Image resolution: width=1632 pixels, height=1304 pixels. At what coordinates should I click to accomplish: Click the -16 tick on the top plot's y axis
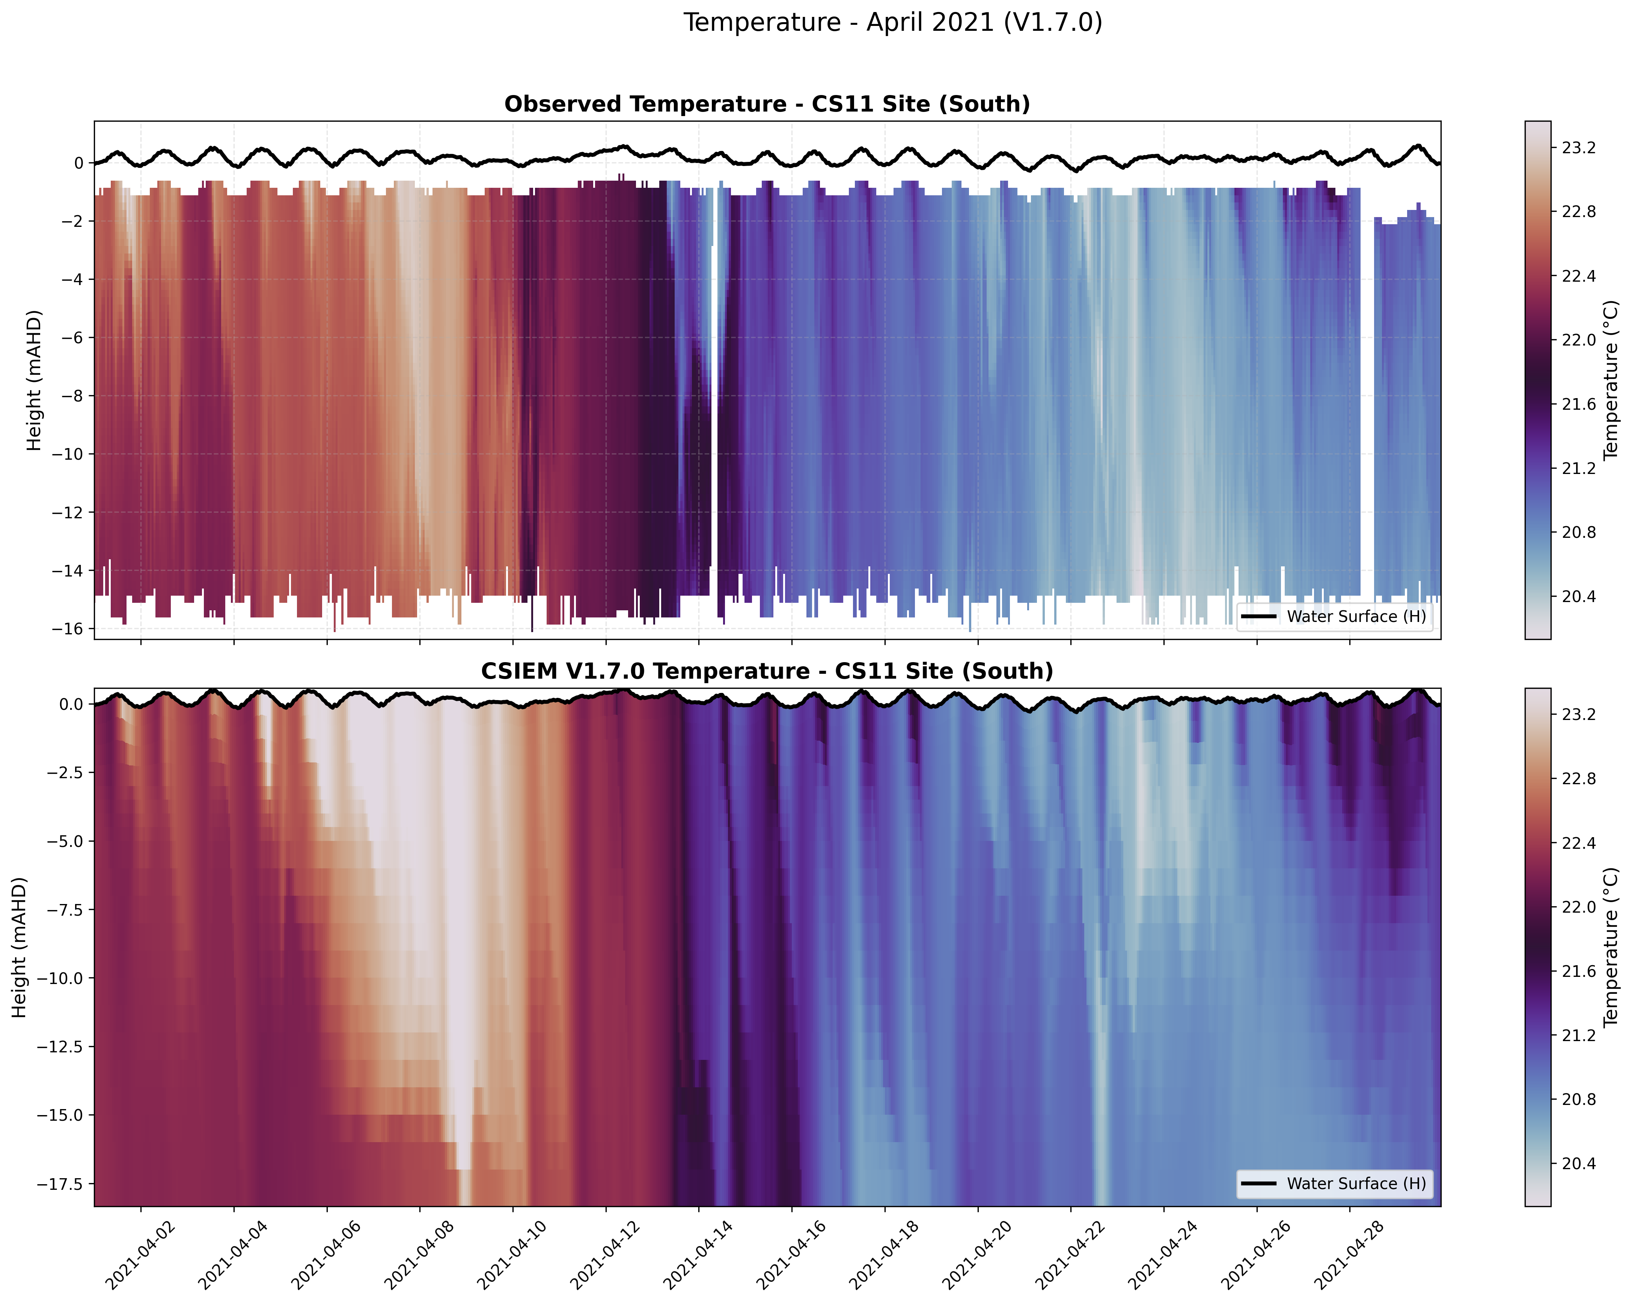[68, 629]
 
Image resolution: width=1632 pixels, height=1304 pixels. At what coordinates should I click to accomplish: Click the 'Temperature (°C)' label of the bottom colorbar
[1611, 947]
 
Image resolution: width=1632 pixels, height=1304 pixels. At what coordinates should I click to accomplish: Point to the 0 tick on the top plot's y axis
[79, 163]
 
